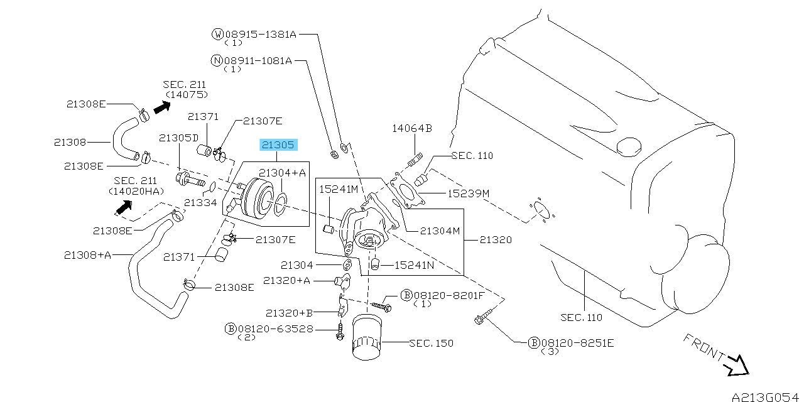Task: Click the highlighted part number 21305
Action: (x=278, y=145)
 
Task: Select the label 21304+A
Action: (x=282, y=173)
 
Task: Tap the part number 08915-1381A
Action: (x=261, y=35)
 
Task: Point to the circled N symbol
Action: (x=217, y=60)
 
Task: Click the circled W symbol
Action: (x=217, y=34)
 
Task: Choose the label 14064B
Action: (x=412, y=128)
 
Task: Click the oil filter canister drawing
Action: (x=366, y=337)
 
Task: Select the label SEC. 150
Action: (x=431, y=343)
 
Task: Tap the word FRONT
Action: (x=704, y=347)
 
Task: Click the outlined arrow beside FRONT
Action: (x=737, y=366)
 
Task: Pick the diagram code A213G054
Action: (x=765, y=396)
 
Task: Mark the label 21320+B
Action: (x=290, y=313)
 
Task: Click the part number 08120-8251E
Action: (x=577, y=343)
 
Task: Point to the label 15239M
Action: (x=469, y=193)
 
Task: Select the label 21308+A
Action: (x=87, y=255)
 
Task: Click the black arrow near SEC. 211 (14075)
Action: (x=162, y=107)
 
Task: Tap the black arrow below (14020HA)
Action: (x=124, y=207)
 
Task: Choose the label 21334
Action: (x=200, y=203)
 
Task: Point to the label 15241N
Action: (x=414, y=265)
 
